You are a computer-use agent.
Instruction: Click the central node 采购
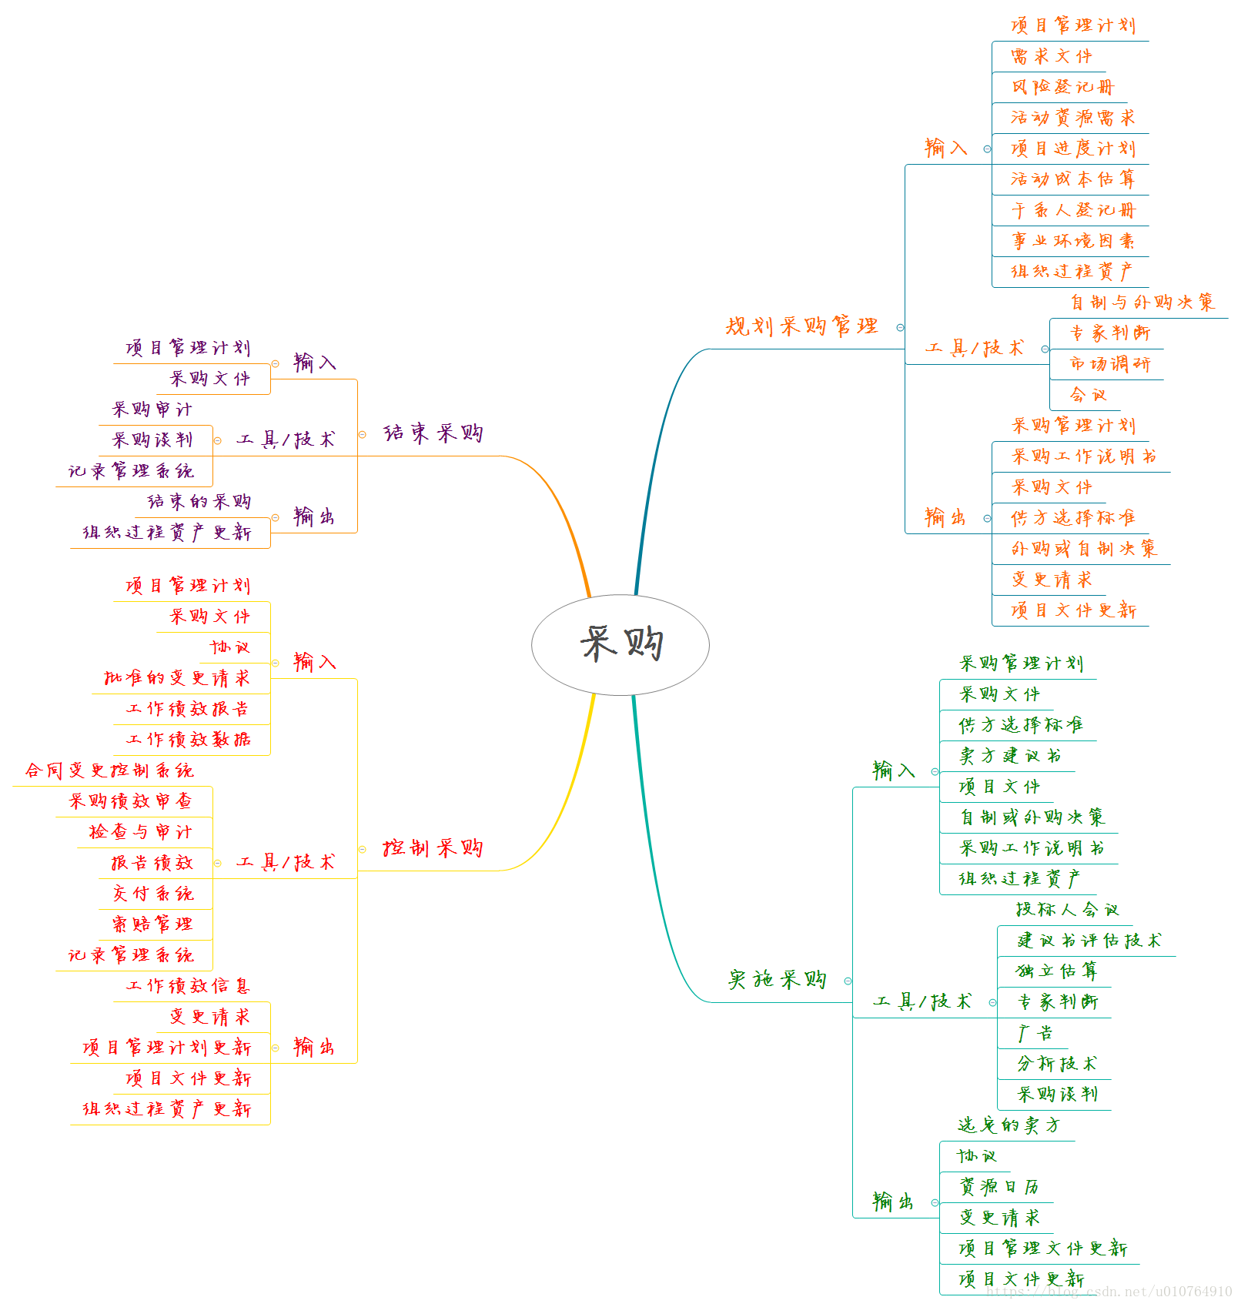click(x=620, y=644)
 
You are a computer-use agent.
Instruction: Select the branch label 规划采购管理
click(x=801, y=326)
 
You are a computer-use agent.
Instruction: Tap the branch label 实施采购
click(x=777, y=980)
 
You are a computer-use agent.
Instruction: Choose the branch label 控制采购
click(x=433, y=848)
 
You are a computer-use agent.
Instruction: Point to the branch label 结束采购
click(x=433, y=433)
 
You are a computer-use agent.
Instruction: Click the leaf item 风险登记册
click(x=1062, y=87)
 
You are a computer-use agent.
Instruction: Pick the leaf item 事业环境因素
click(x=1072, y=241)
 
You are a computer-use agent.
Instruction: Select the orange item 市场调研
click(x=1110, y=364)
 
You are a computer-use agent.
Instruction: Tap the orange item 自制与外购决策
click(x=1142, y=303)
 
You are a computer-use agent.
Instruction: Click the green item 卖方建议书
click(x=1010, y=756)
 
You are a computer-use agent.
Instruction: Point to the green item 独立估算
click(x=1056, y=971)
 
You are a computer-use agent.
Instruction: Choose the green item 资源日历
click(x=999, y=1187)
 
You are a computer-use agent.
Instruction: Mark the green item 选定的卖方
click(x=1009, y=1125)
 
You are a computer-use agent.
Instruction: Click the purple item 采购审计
click(x=152, y=409)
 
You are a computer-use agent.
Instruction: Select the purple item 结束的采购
click(x=199, y=502)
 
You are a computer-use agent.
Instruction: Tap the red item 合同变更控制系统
click(x=109, y=770)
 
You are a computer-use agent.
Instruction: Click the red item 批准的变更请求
click(x=177, y=678)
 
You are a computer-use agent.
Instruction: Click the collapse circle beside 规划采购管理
click(x=900, y=328)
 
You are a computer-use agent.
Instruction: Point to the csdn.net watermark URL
click(x=1109, y=1292)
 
